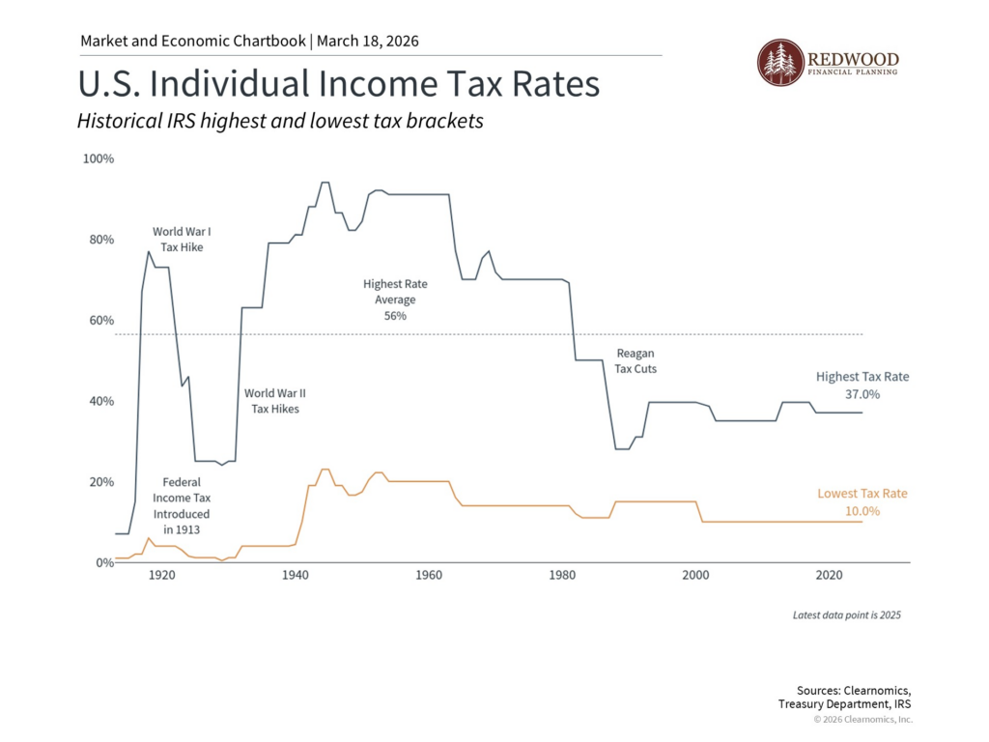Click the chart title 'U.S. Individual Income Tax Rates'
[338, 84]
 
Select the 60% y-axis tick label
[100, 321]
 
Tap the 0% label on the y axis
[103, 563]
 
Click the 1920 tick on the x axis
[161, 576]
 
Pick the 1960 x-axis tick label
[429, 576]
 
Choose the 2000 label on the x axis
[696, 576]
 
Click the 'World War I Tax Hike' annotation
[182, 240]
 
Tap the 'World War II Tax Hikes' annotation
[275, 401]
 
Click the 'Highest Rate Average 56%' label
[395, 300]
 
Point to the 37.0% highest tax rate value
[862, 394]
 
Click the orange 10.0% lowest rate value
[862, 511]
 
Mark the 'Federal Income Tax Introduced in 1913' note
[181, 505]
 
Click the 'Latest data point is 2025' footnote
[846, 615]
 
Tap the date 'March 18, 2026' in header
[366, 42]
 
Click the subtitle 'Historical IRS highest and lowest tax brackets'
[280, 123]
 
